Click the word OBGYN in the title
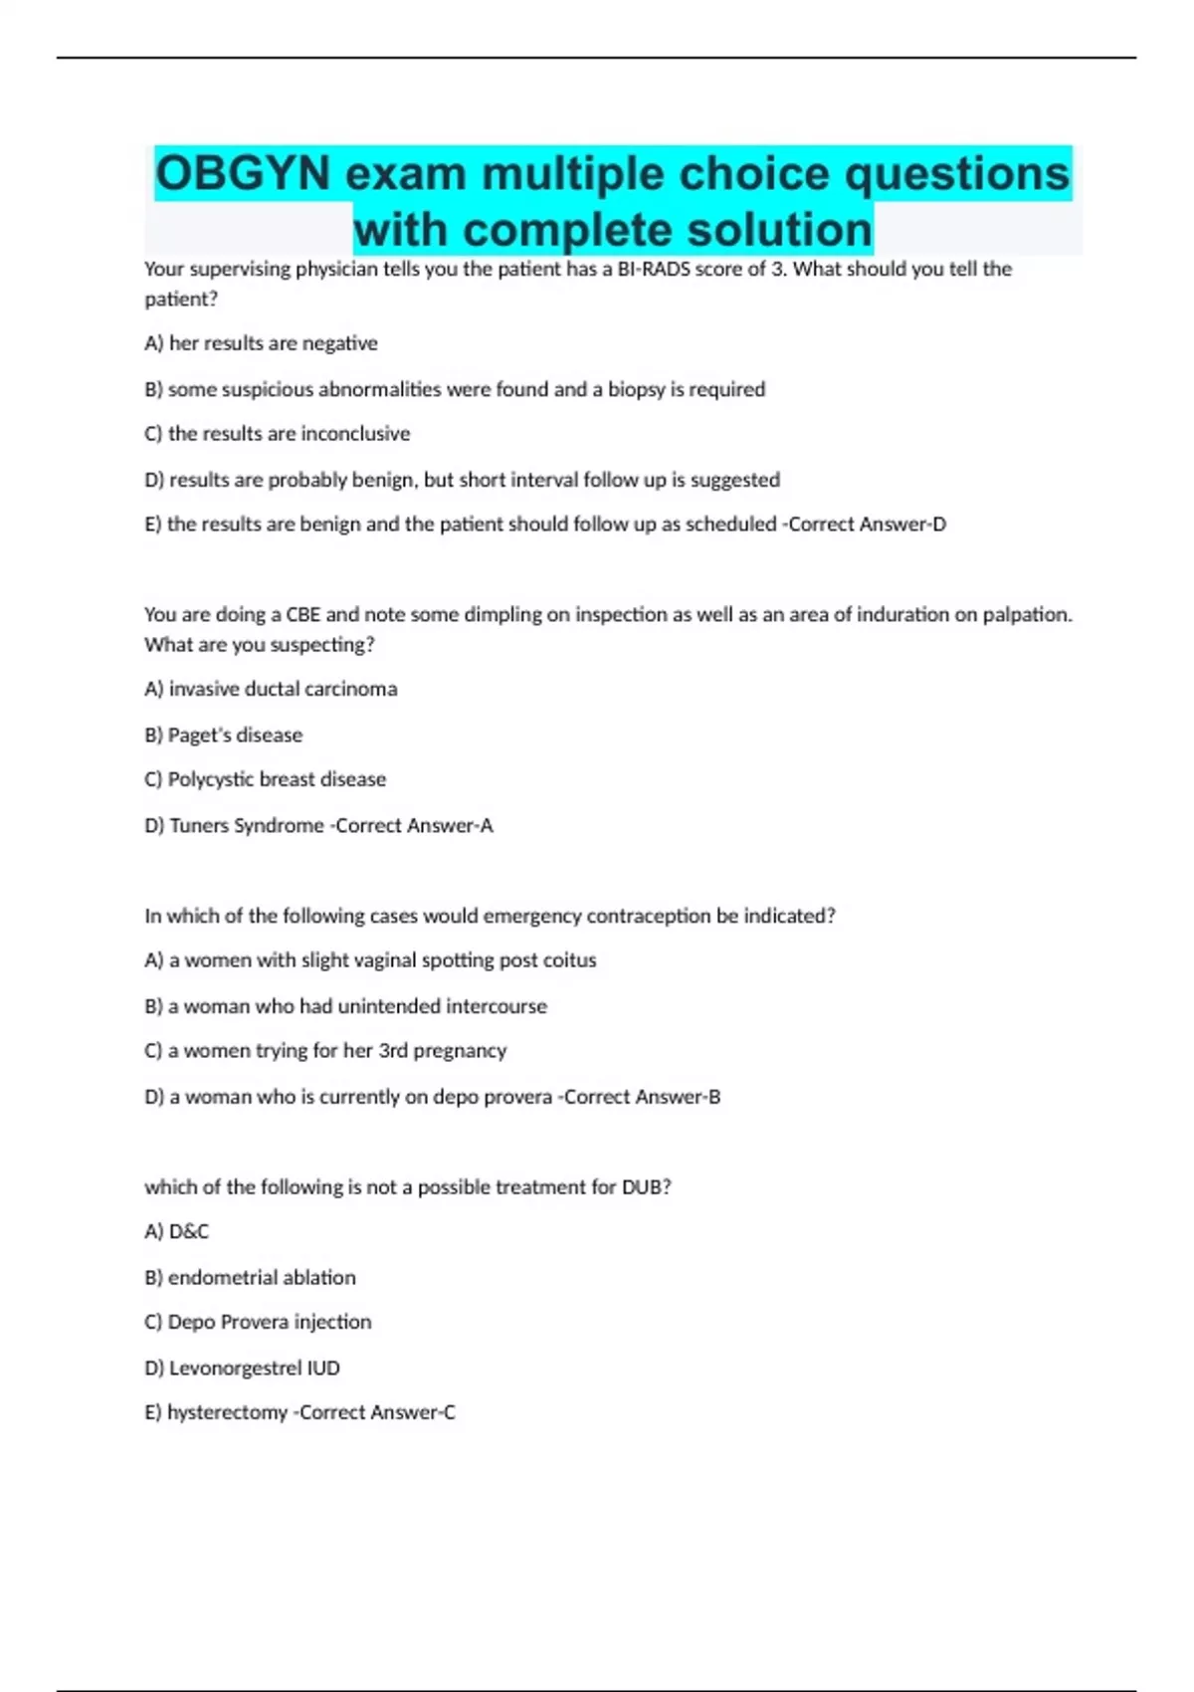[x=242, y=174]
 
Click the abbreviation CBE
[x=302, y=615]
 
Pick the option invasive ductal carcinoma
[x=283, y=689]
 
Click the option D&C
[x=189, y=1232]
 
